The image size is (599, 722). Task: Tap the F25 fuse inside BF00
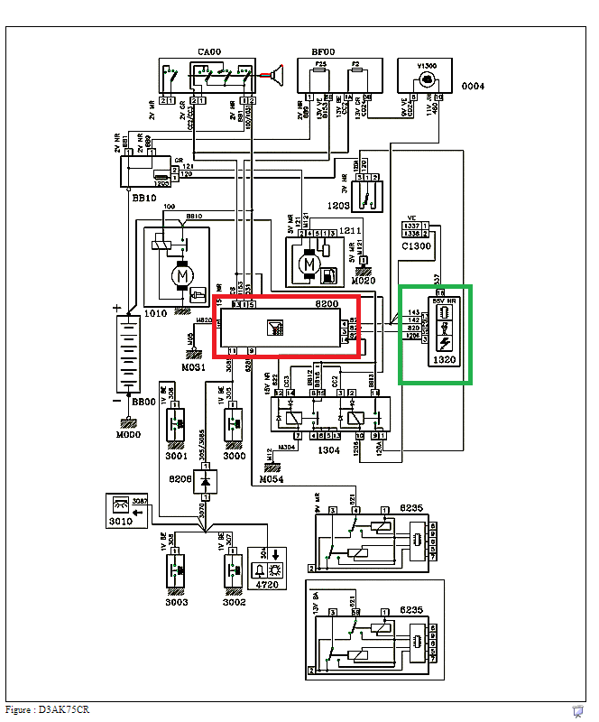(x=310, y=66)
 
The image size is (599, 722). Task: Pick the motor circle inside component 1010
(x=182, y=273)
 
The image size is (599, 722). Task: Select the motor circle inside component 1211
(x=310, y=264)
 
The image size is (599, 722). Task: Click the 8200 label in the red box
(x=326, y=305)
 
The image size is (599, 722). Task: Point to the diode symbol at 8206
(x=207, y=482)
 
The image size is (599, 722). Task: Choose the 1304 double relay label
(x=329, y=449)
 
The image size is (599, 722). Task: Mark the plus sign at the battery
(x=116, y=309)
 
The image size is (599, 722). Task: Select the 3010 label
(x=120, y=521)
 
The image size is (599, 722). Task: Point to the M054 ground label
(x=272, y=479)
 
